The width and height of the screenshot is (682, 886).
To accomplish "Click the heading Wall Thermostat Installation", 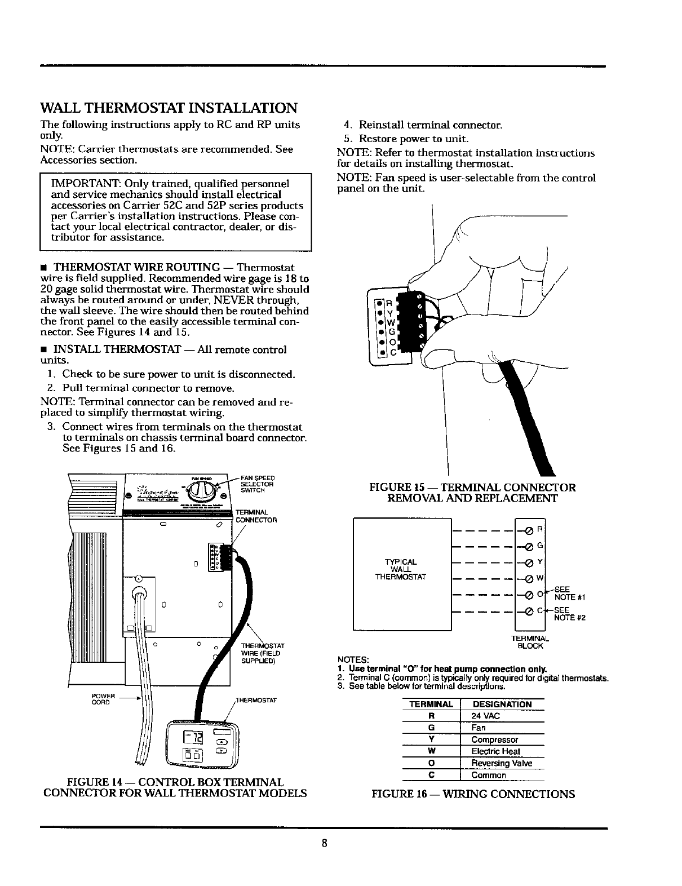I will [x=169, y=108].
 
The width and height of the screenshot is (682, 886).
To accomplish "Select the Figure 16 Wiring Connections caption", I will [x=473, y=794].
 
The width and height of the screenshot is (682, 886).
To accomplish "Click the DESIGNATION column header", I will [x=502, y=704].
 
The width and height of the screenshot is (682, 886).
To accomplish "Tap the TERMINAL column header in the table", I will [x=431, y=704].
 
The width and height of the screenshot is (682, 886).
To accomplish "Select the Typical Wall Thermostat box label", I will [x=401, y=569].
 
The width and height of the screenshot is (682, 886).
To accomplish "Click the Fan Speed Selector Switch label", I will [x=257, y=484].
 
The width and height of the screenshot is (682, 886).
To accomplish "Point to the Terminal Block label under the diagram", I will [x=530, y=642].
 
